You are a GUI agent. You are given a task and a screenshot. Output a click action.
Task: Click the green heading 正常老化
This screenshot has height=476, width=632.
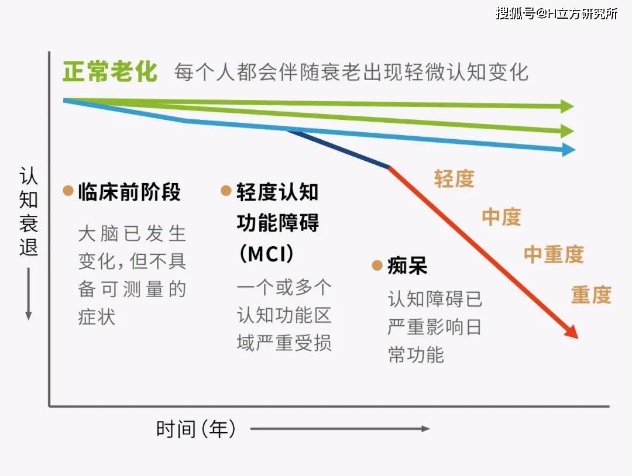coord(110,73)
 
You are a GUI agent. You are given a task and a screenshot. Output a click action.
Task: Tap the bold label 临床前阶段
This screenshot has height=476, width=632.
coord(129,192)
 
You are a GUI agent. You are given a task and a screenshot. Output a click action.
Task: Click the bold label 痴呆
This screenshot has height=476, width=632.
coord(407,266)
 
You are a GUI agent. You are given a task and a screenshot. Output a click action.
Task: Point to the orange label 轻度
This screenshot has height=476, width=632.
coord(454,179)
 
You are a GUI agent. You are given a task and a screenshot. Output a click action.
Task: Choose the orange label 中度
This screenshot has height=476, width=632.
coord(501,217)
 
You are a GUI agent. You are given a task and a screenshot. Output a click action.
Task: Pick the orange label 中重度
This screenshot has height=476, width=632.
coord(553,254)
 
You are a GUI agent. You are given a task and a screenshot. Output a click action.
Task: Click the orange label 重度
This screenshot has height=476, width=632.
coord(591,295)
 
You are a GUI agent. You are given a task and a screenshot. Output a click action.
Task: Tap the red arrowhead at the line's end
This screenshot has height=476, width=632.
coord(571,332)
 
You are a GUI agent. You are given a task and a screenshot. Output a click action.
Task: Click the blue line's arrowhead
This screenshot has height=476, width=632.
coord(568,150)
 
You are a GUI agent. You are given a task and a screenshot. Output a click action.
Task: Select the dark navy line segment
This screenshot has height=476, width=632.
coord(339,149)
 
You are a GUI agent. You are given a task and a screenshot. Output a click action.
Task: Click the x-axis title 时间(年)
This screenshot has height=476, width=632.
coord(197,430)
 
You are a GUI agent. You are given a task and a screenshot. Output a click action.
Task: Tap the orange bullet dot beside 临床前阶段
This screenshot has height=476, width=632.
coord(68,191)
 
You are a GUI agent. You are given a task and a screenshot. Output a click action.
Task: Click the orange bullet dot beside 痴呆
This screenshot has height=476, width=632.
coord(377,266)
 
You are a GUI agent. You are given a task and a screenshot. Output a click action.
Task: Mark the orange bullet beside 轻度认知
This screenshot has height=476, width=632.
coord(226,191)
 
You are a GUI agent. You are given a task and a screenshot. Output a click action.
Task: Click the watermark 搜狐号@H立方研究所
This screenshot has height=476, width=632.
coord(557,13)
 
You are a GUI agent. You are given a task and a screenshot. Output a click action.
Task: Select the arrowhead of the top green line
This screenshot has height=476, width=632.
coord(567,106)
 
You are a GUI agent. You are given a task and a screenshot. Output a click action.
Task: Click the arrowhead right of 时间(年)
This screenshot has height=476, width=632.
coord(425,429)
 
